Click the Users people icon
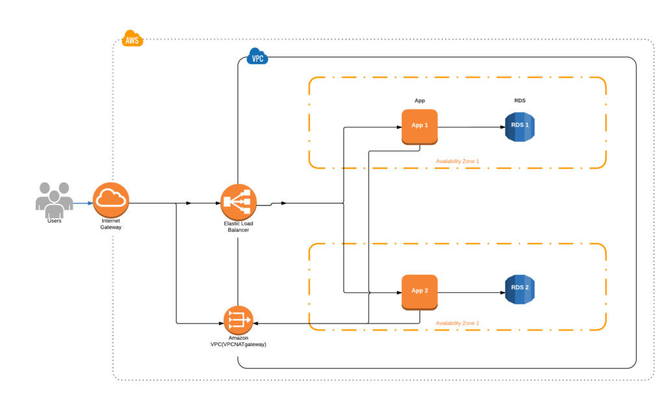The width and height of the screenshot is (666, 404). [54, 199]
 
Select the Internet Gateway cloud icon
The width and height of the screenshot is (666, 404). [111, 201]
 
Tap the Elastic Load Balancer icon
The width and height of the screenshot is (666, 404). [239, 203]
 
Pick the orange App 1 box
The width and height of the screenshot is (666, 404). [420, 126]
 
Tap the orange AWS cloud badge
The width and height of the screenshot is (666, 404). [132, 39]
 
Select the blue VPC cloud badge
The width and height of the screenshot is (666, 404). [258, 58]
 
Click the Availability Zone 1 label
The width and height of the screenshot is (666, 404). [457, 160]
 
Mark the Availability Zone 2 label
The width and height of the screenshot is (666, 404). [457, 323]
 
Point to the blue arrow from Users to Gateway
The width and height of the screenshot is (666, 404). [83, 203]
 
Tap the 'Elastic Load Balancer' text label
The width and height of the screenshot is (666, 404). [239, 226]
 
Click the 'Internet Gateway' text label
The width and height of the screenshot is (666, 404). [111, 224]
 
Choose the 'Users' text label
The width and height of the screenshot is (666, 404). [54, 221]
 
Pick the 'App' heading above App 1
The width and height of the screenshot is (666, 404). [420, 101]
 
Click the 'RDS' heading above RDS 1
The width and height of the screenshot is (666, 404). [520, 101]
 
